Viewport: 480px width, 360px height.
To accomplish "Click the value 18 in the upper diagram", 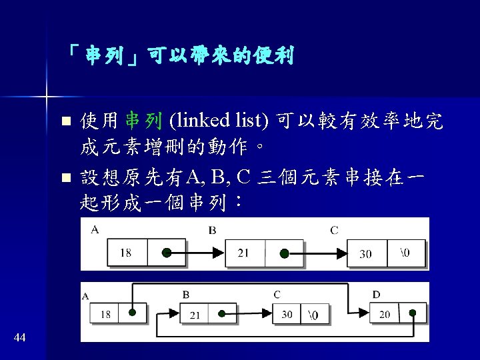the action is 126,253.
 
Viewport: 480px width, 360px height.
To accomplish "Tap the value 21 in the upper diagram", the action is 243,253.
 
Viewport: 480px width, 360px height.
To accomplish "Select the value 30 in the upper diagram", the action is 365,254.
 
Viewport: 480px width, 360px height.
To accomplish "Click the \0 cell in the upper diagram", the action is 405,253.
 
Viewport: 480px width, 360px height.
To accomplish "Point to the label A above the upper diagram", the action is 95,230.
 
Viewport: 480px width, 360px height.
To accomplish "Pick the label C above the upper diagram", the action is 334,231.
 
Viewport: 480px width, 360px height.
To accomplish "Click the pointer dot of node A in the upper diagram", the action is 167,253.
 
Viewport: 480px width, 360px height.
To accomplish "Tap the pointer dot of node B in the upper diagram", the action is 284,253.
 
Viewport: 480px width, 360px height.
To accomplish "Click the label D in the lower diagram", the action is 377,295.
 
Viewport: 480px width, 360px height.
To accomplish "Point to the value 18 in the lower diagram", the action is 105,314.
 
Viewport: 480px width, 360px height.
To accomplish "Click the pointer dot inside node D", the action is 413,313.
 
